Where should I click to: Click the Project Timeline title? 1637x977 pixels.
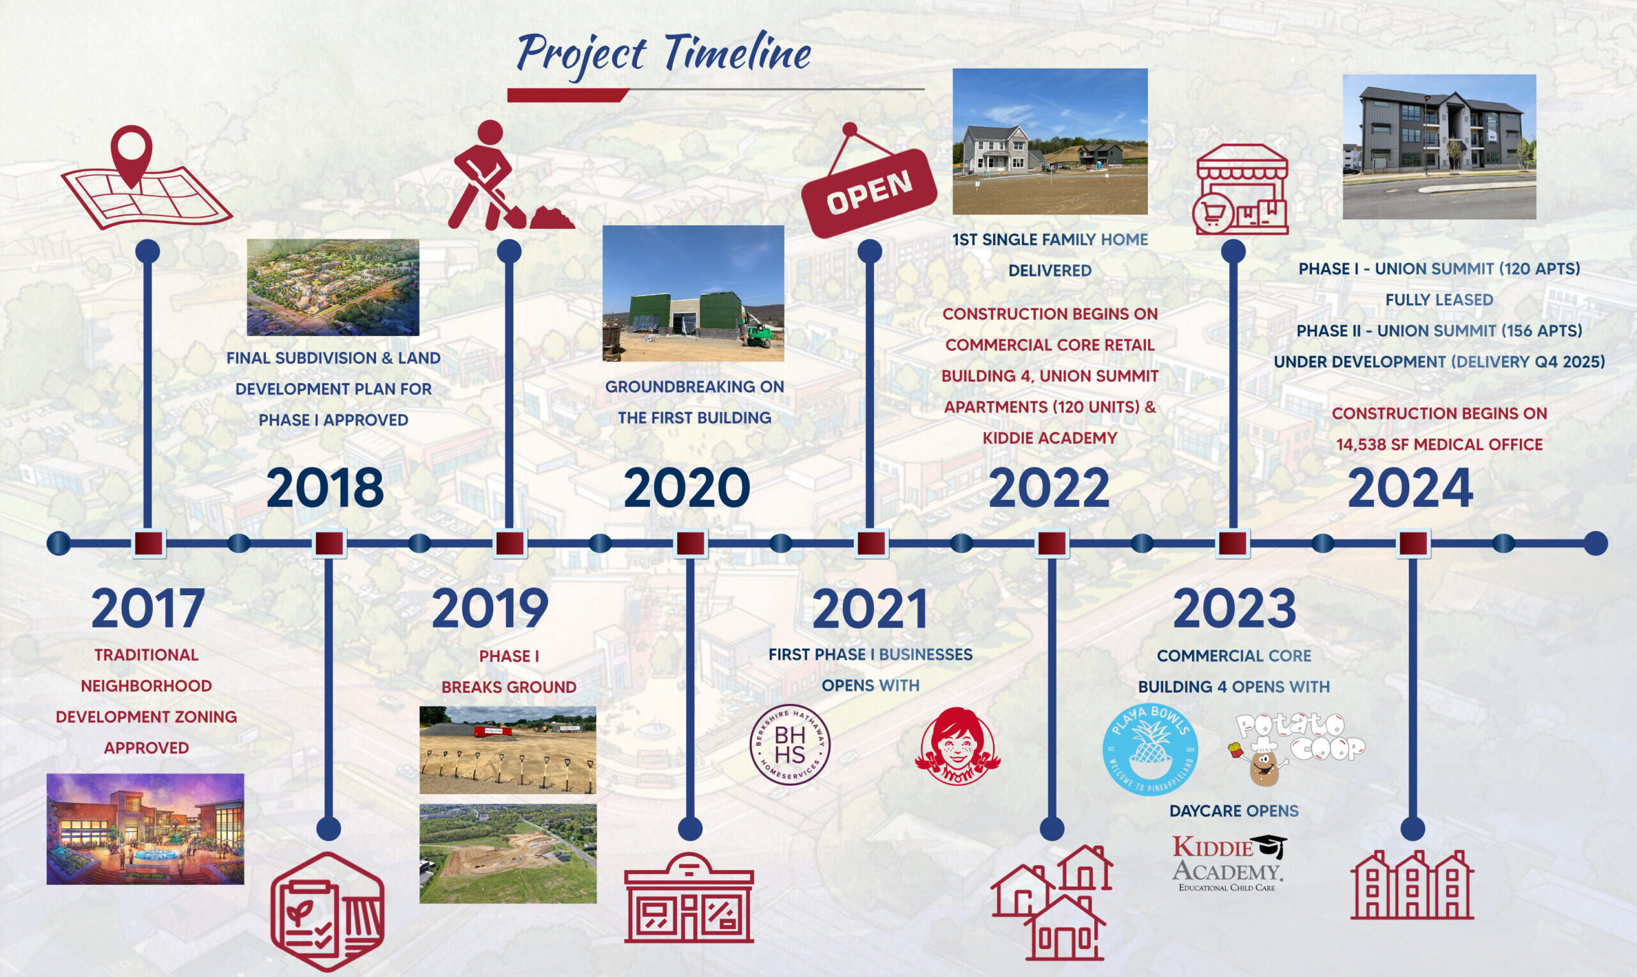point(663,54)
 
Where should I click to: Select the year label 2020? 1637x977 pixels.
point(686,488)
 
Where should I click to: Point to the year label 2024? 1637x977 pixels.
point(1410,488)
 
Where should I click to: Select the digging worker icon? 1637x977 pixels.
point(510,175)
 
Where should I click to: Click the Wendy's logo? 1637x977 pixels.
point(957,746)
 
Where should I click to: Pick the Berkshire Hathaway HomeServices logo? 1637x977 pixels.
point(790,745)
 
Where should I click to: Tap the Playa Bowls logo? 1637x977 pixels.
point(1150,749)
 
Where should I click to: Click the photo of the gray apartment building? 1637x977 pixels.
point(1439,147)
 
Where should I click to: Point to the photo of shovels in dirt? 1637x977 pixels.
point(508,750)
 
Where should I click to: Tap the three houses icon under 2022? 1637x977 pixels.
point(1051,902)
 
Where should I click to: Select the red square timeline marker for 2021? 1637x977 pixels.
point(870,544)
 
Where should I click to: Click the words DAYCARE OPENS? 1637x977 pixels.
point(1234,811)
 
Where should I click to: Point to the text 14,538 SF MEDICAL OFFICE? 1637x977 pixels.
point(1439,445)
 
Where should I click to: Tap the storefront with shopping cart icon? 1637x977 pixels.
point(1241,189)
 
